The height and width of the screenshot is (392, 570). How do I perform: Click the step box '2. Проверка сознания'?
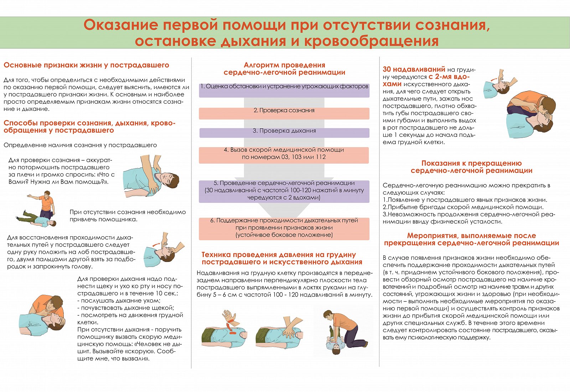coord(284,113)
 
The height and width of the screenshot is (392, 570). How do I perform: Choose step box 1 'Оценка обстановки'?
coord(284,90)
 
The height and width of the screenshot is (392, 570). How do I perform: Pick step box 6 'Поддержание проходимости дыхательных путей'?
coord(284,228)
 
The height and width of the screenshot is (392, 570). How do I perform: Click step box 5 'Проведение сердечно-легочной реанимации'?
coord(284,191)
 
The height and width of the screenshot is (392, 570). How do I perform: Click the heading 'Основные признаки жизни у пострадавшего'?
coord(86,65)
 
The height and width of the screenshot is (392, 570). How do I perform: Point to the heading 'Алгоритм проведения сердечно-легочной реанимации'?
coord(284,69)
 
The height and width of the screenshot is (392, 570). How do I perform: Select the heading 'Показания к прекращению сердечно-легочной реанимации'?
coord(471,167)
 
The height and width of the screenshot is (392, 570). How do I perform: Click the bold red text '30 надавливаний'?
coord(414,69)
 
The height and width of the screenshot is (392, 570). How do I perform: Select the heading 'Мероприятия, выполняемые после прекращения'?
coord(471,239)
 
